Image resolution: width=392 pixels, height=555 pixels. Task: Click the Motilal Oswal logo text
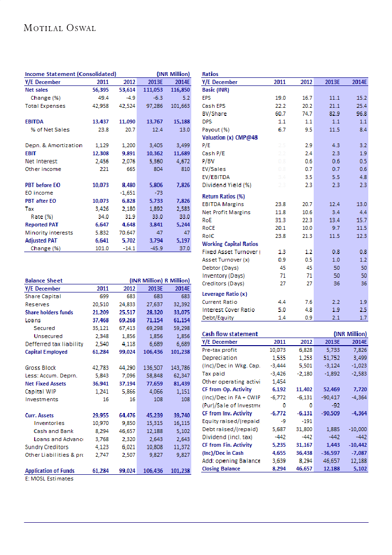[60, 28]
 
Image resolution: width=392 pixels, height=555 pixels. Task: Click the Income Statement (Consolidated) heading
[70, 74]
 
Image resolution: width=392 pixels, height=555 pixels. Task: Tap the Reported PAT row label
[42, 225]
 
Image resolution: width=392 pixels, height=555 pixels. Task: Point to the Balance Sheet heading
[44, 281]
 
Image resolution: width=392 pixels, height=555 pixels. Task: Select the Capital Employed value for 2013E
[153, 352]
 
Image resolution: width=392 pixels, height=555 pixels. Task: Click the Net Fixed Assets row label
[46, 383]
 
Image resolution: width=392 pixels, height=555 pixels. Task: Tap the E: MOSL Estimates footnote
[49, 479]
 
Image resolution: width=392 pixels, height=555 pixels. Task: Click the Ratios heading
[210, 74]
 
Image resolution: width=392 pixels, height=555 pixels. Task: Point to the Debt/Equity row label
[218, 318]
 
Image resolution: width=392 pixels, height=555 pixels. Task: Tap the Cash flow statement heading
[230, 334]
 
